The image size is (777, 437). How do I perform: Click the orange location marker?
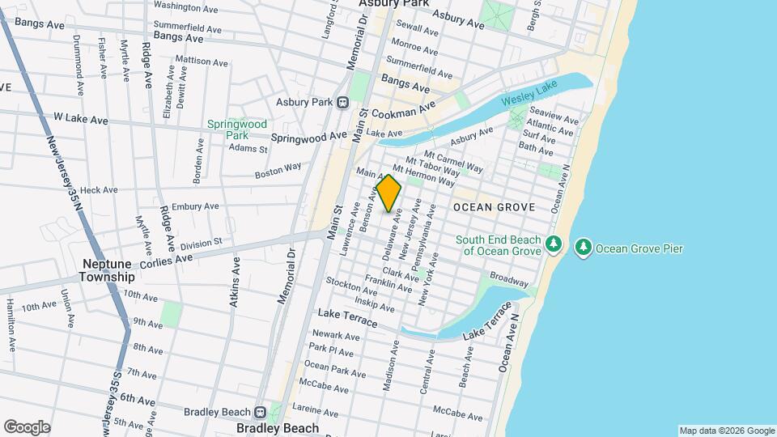(x=388, y=193)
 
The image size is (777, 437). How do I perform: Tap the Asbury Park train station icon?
(x=342, y=102)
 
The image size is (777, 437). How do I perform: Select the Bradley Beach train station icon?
(x=261, y=412)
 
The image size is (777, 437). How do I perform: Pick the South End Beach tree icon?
(x=554, y=244)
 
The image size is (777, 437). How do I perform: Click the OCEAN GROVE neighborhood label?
(x=494, y=207)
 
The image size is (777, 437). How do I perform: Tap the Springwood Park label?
(x=236, y=129)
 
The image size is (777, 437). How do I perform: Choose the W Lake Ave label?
(x=80, y=119)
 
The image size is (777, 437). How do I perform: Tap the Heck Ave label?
(x=99, y=189)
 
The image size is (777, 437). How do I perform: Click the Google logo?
(x=27, y=426)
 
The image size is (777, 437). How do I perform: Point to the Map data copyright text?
(x=727, y=431)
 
